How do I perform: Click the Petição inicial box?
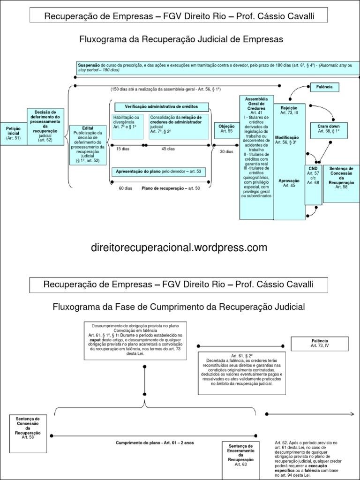point(13,133)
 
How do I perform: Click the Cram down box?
point(329,129)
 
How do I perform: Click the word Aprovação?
point(289,180)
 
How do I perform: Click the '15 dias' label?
point(123,149)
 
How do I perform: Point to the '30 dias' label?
point(226,151)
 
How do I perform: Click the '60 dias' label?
point(126,188)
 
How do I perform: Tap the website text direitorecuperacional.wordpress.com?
point(180,247)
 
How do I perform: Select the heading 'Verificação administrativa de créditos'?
point(162,107)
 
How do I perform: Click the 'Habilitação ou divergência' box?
point(127,126)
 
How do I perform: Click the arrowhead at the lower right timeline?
point(351,413)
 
